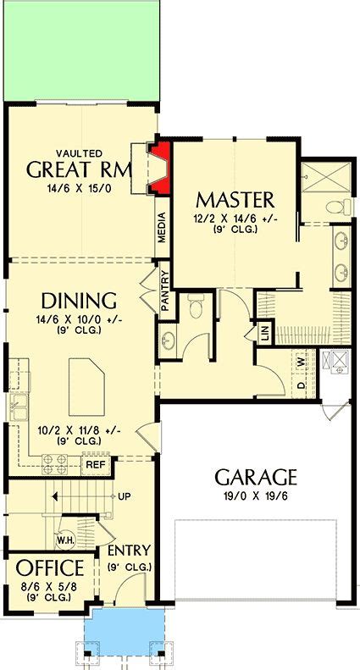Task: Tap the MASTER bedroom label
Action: click(235, 200)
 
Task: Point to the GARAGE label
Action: click(255, 476)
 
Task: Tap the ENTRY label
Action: click(129, 551)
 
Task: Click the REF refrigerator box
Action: click(95, 464)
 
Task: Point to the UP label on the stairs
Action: click(124, 496)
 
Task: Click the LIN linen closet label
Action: click(264, 333)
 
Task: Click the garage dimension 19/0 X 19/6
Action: click(255, 496)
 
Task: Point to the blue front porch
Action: click(124, 629)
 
